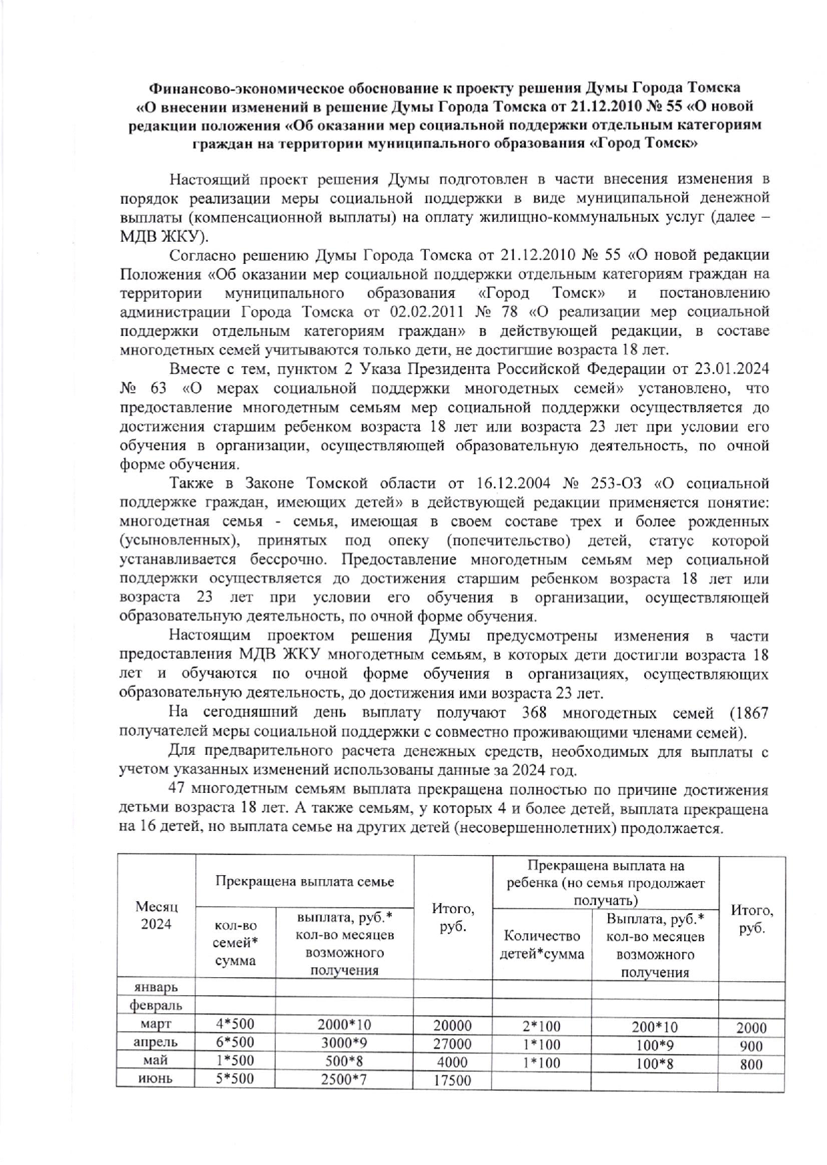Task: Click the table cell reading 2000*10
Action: [344, 1024]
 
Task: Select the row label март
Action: [156, 1024]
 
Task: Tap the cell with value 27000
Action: [452, 1043]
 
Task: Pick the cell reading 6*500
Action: [235, 1042]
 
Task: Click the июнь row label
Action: [156, 1079]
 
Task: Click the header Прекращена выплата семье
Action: [304, 880]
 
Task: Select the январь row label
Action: [156, 987]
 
